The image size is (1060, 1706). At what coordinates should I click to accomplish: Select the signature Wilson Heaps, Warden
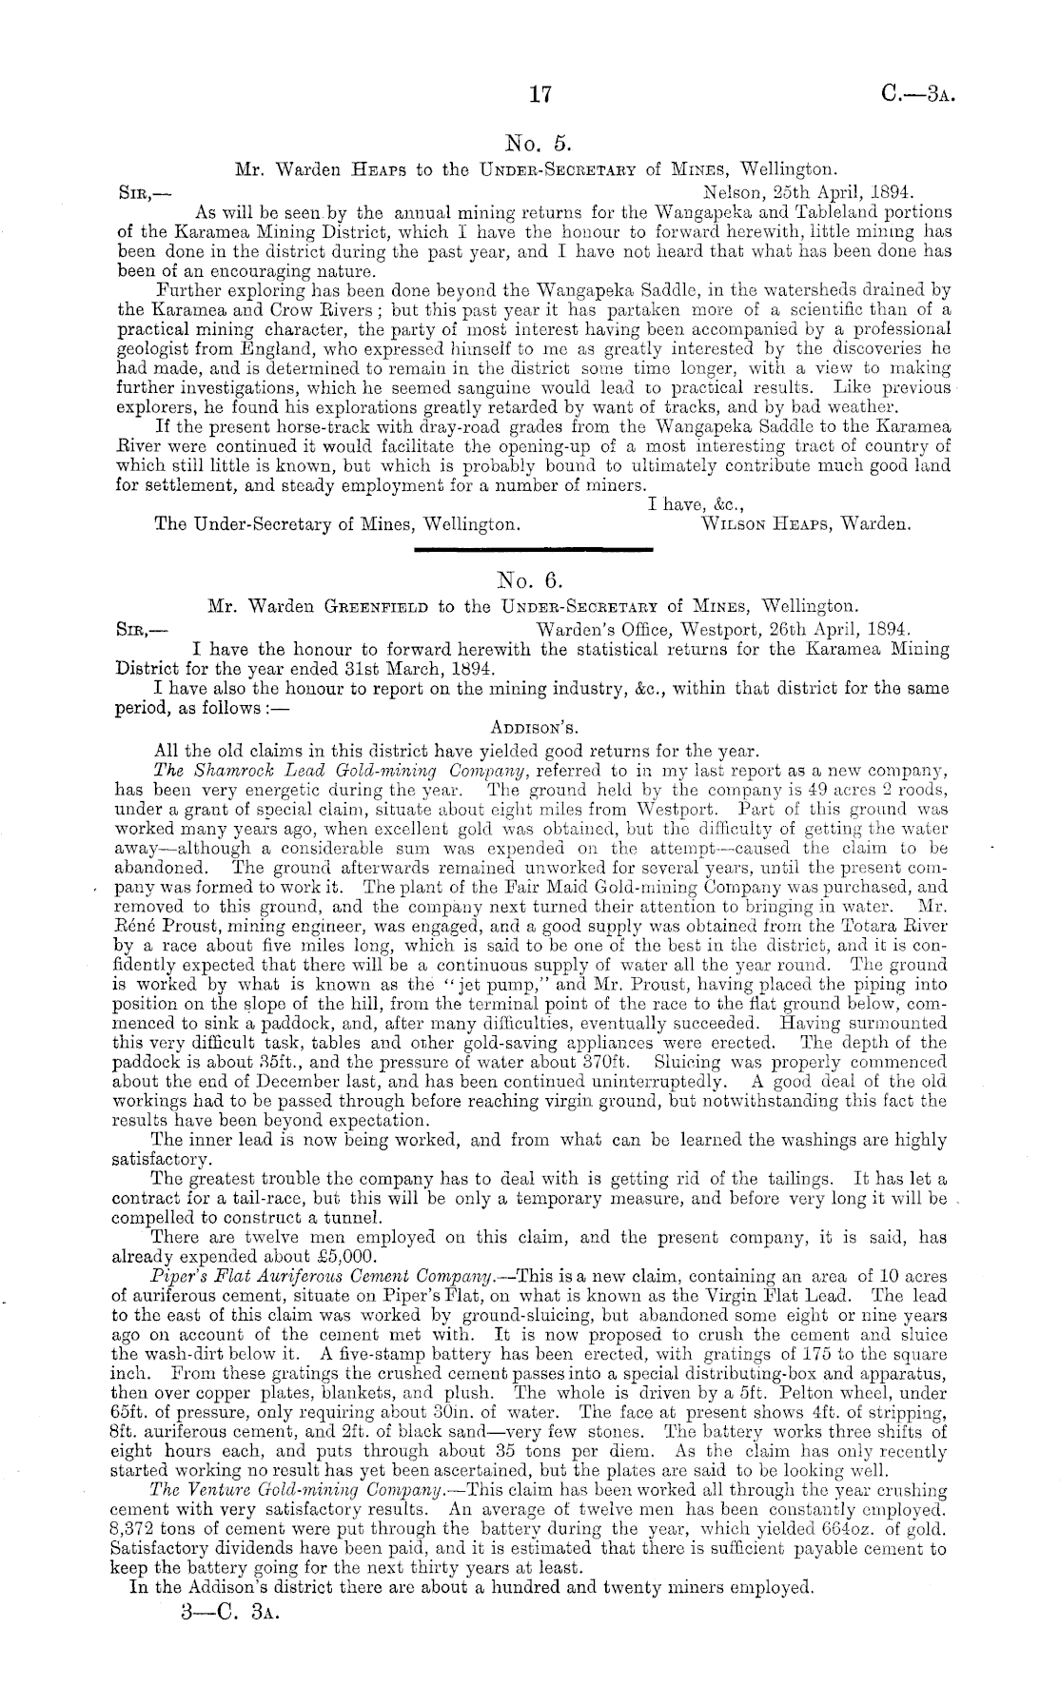(x=805, y=523)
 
